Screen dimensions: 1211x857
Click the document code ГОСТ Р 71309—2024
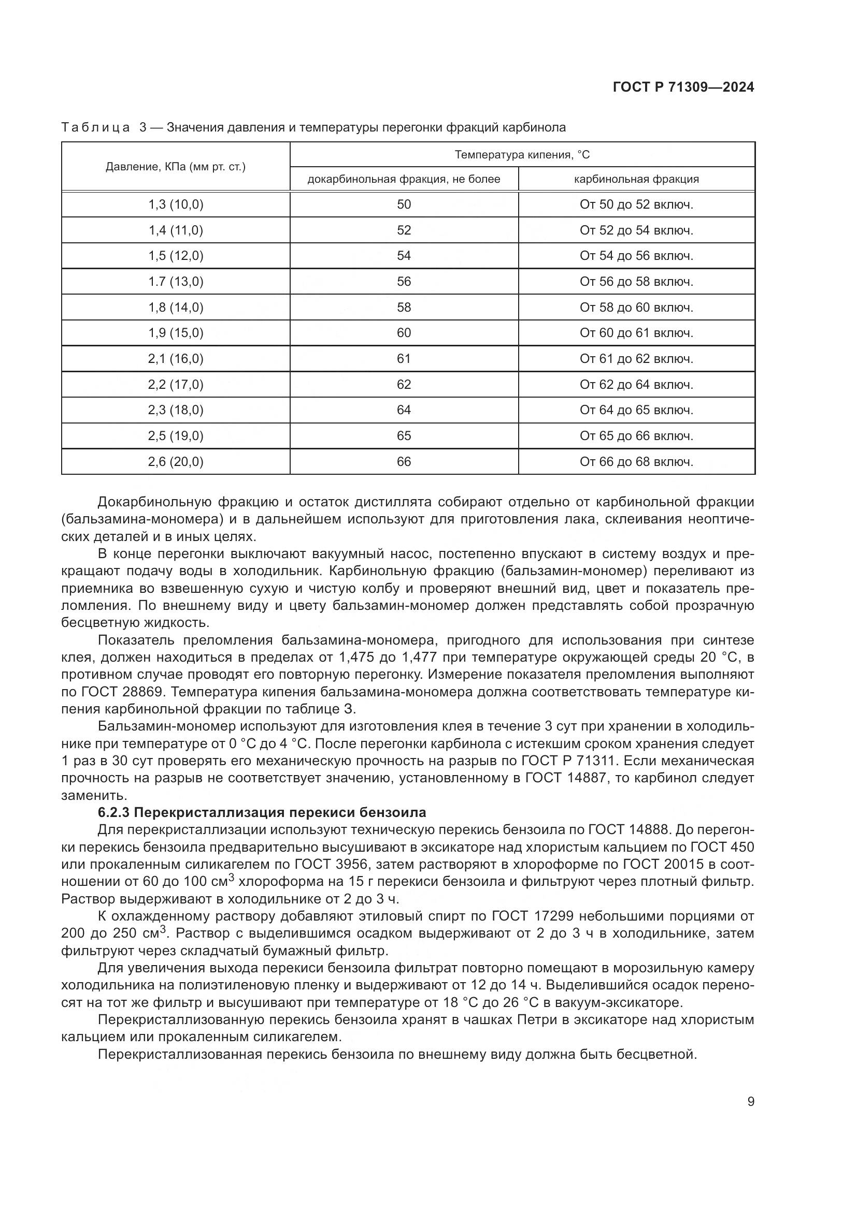[x=683, y=87]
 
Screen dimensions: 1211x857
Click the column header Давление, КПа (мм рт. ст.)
[x=176, y=167]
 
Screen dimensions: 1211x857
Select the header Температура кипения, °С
[x=522, y=154]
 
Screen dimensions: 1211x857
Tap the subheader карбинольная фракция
[x=636, y=179]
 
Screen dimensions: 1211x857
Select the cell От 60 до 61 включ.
[x=636, y=333]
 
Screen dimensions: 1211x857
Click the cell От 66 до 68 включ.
[x=636, y=462]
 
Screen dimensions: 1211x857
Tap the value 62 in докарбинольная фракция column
[x=404, y=385]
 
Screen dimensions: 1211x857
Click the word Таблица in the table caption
[x=95, y=128]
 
